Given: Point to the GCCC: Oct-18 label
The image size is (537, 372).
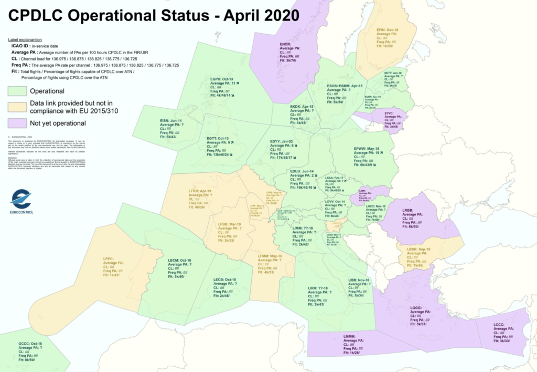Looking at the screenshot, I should coord(30,344).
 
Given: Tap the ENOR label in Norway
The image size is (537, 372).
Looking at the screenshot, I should coord(286,44).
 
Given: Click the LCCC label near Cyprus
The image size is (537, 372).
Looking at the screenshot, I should coord(499,325).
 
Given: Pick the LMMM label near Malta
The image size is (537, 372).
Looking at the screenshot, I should coord(350,336).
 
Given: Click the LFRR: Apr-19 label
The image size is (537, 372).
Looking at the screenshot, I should coord(200,191).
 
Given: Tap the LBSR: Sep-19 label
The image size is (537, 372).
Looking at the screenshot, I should coord(417,249).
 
